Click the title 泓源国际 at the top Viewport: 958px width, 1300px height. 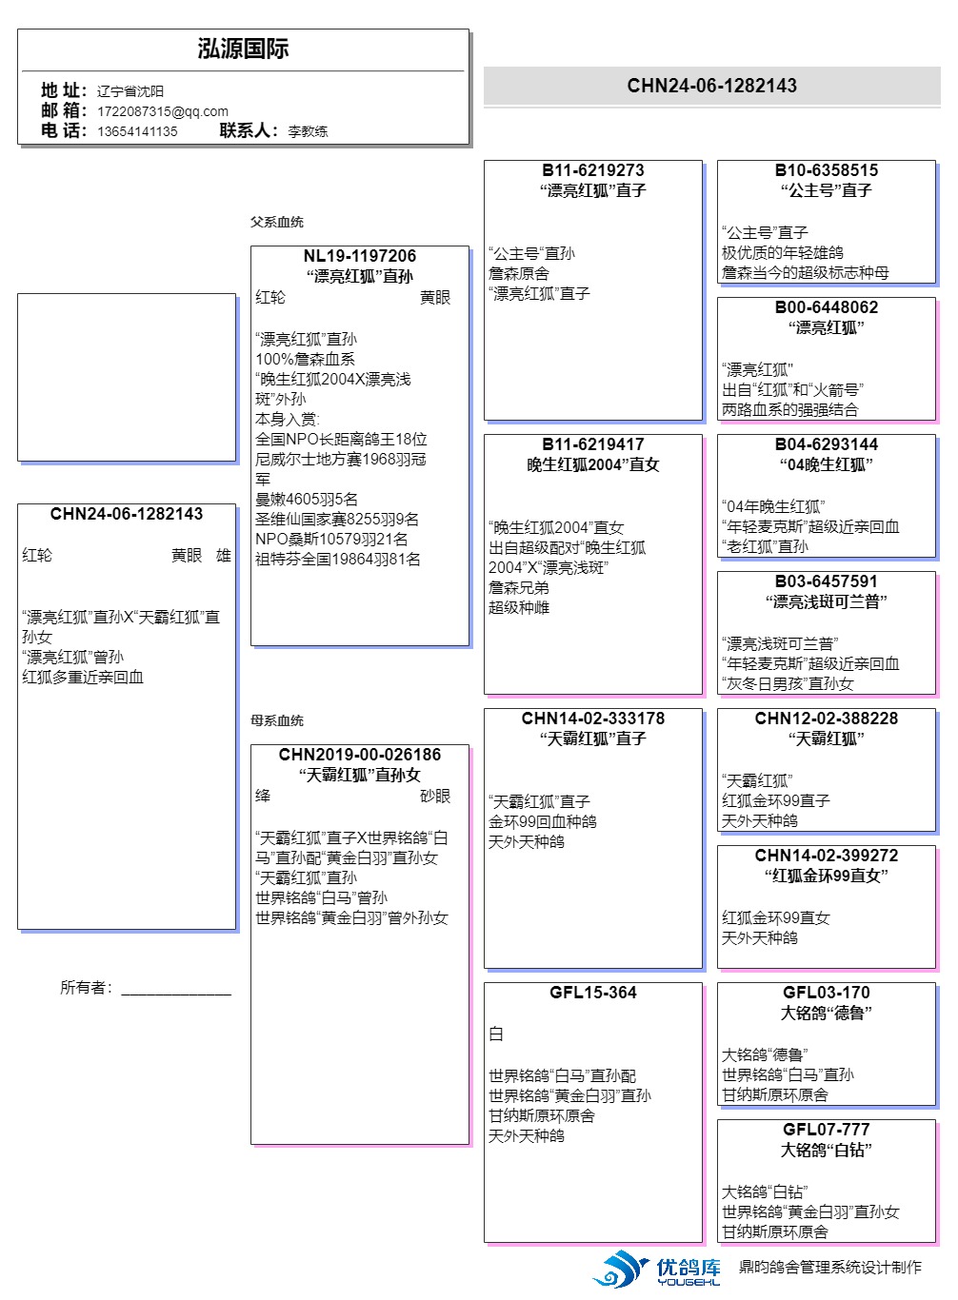[243, 49]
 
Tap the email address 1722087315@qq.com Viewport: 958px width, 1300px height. [163, 111]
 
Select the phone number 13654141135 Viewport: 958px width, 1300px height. [137, 131]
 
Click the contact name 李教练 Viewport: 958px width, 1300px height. [308, 131]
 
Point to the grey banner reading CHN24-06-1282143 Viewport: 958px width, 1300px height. [711, 86]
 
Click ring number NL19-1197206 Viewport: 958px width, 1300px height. [359, 256]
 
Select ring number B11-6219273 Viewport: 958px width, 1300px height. [592, 170]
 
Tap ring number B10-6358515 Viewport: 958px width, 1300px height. [826, 170]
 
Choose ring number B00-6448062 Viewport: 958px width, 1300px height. [826, 307]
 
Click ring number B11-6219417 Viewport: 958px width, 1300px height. [592, 444]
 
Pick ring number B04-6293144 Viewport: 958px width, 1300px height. [826, 444]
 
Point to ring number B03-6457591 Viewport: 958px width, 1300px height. [826, 581]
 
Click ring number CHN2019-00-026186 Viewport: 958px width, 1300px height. [359, 755]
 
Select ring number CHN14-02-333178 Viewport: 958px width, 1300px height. [592, 719]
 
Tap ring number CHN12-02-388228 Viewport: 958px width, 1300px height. [826, 719]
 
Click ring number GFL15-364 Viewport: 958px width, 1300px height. [592, 993]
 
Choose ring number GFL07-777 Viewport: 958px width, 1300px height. [826, 1130]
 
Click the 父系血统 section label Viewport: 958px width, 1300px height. [277, 222]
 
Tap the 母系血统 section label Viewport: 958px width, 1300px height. [277, 720]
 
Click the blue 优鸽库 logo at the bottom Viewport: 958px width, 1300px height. [657, 1270]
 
